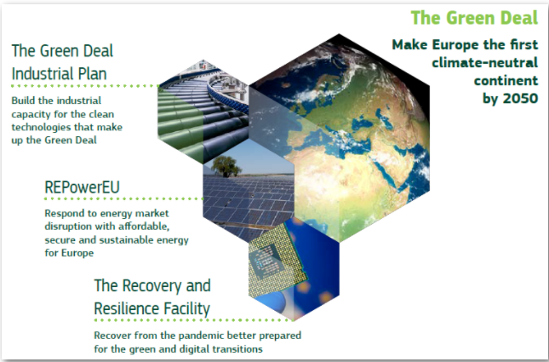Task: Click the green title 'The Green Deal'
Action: pyautogui.click(x=474, y=18)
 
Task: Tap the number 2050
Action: pyautogui.click(x=520, y=99)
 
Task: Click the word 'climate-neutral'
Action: pyautogui.click(x=485, y=63)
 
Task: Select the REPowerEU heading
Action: pyautogui.click(x=82, y=187)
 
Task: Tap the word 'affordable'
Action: pyautogui.click(x=144, y=227)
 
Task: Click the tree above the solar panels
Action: pyautogui.click(x=226, y=165)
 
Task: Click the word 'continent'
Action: pyautogui.click(x=506, y=81)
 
